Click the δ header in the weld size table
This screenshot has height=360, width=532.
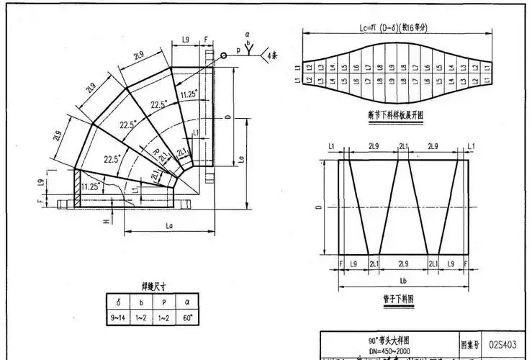point(117,301)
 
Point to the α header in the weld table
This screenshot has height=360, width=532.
point(188,301)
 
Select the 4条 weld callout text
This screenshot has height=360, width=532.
point(273,55)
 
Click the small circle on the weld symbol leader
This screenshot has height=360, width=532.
point(224,55)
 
